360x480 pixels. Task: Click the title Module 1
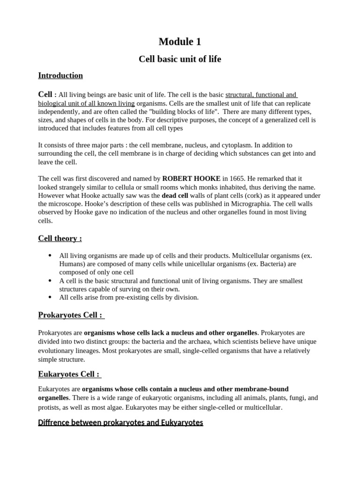click(x=180, y=42)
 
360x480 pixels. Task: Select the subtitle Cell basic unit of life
click(x=180, y=60)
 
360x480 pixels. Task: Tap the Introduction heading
click(x=60, y=75)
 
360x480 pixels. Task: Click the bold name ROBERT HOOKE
click(x=191, y=179)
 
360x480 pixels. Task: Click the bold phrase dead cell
click(x=175, y=195)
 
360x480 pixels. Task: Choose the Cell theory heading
click(x=60, y=239)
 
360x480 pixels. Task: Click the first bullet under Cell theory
click(x=50, y=255)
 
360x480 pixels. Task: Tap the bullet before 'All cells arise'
click(x=50, y=297)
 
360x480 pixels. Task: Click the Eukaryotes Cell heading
click(x=69, y=374)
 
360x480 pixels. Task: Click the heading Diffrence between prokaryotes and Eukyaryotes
click(x=120, y=422)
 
